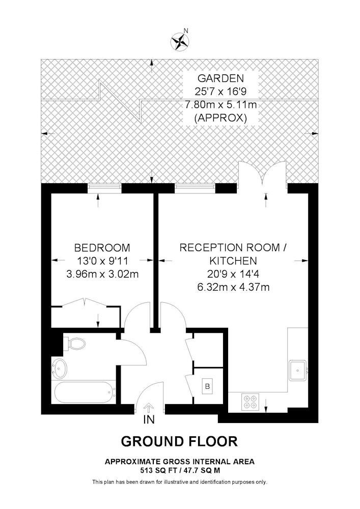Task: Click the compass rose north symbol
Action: [180, 41]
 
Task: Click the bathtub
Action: [84, 392]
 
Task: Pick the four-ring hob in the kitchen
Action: [251, 402]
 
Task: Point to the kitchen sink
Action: [298, 370]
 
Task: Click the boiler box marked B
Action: [207, 386]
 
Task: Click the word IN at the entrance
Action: [149, 420]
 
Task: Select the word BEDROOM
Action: [102, 248]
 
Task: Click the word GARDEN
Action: [220, 78]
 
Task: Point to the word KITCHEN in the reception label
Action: [233, 261]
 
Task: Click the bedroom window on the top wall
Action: [104, 188]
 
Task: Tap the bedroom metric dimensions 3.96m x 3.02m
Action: [102, 274]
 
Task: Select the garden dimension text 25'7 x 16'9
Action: [221, 91]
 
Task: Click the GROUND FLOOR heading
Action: [179, 441]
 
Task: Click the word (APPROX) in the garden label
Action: [220, 118]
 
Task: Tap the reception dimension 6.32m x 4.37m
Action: [233, 287]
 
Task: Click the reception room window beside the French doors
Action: [195, 188]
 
